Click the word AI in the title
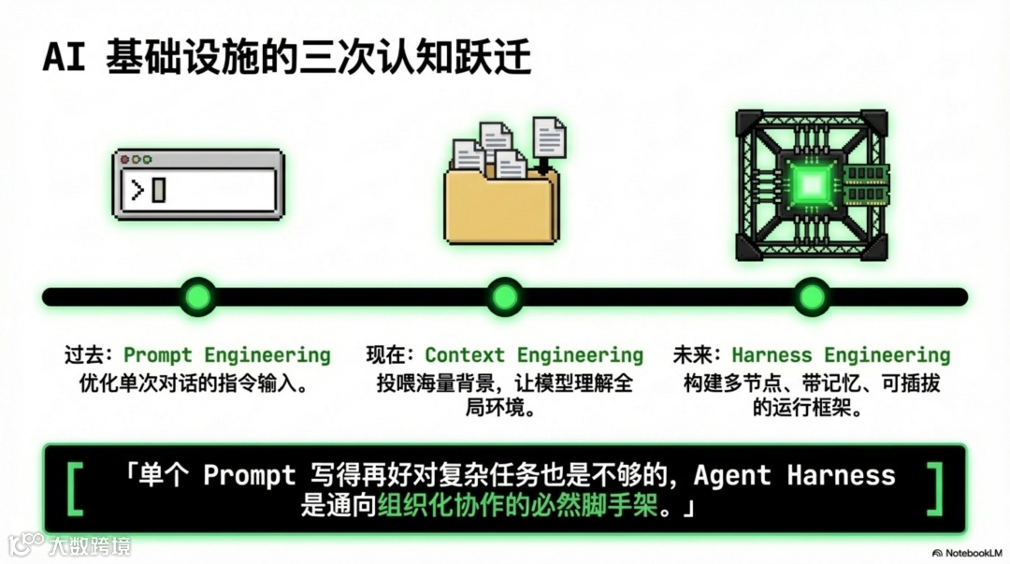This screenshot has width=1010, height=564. [64, 59]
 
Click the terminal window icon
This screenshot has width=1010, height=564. [197, 184]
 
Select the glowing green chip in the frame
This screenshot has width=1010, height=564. [811, 185]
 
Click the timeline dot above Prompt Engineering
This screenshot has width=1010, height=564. [197, 296]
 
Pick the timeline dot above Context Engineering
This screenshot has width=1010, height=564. [504, 296]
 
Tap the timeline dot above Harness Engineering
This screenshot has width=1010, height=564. [811, 296]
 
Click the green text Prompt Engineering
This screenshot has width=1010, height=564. [227, 355]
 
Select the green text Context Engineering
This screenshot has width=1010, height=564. [534, 355]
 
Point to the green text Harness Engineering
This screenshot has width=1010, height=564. [841, 355]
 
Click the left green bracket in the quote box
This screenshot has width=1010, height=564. [76, 488]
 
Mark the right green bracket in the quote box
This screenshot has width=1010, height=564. [933, 488]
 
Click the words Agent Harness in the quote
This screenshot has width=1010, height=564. [794, 475]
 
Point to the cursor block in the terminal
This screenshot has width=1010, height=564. [158, 190]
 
